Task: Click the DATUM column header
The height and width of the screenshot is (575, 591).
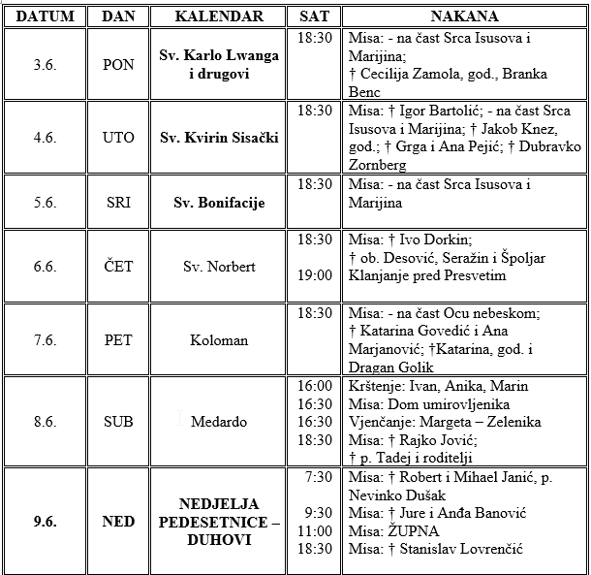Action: pyautogui.click(x=44, y=16)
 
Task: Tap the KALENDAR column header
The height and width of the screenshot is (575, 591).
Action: pyautogui.click(x=219, y=16)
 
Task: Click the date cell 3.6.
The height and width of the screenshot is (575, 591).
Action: pyautogui.click(x=44, y=64)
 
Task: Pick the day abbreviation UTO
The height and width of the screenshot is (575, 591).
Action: pyautogui.click(x=118, y=138)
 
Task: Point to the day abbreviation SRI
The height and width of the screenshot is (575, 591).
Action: pyautogui.click(x=118, y=203)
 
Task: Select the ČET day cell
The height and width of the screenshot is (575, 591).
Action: pyautogui.click(x=118, y=266)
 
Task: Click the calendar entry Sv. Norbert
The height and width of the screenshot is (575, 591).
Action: pyautogui.click(x=219, y=266)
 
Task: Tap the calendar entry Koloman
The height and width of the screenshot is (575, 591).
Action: pyautogui.click(x=219, y=340)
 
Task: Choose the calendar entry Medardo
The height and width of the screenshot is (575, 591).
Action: pyautogui.click(x=219, y=422)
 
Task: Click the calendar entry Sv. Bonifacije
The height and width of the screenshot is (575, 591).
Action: pyautogui.click(x=219, y=203)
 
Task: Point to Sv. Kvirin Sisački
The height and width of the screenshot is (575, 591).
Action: pyautogui.click(x=219, y=138)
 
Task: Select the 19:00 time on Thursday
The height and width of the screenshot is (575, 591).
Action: pyautogui.click(x=315, y=275)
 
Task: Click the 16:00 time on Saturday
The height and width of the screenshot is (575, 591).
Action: pyautogui.click(x=315, y=386)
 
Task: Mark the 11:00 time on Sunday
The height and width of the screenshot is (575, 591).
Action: pyautogui.click(x=315, y=531)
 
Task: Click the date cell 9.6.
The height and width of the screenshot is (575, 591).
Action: pyautogui.click(x=44, y=522)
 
